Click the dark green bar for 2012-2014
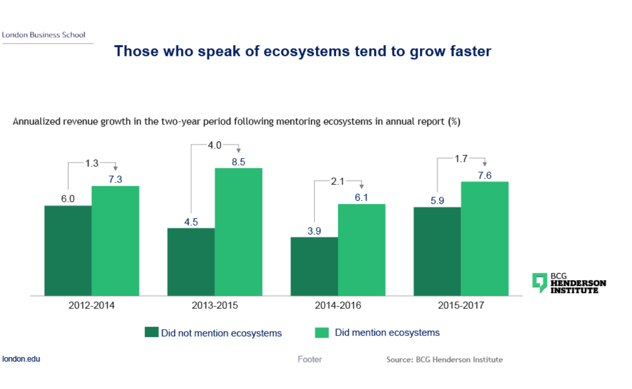pos(68,250)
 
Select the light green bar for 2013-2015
pos(239,231)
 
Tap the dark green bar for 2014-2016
pos(314,266)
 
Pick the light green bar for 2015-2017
pos(485,238)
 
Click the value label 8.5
pos(238,162)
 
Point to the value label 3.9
pos(314,231)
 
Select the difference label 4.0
pos(215,145)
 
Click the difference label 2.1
pos(337,181)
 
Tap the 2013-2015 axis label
pos(215,306)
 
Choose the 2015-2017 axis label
pos(461,306)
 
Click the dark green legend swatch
pos(151,333)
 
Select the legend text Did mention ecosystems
pos(387,333)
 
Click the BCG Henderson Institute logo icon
pos(540,283)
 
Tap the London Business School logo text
pos(44,35)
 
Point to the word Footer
pos(310,359)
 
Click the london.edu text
pos(21,359)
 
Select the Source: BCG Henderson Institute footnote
pos(444,360)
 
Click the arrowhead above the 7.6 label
pos(484,164)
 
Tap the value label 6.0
pos(68,199)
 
